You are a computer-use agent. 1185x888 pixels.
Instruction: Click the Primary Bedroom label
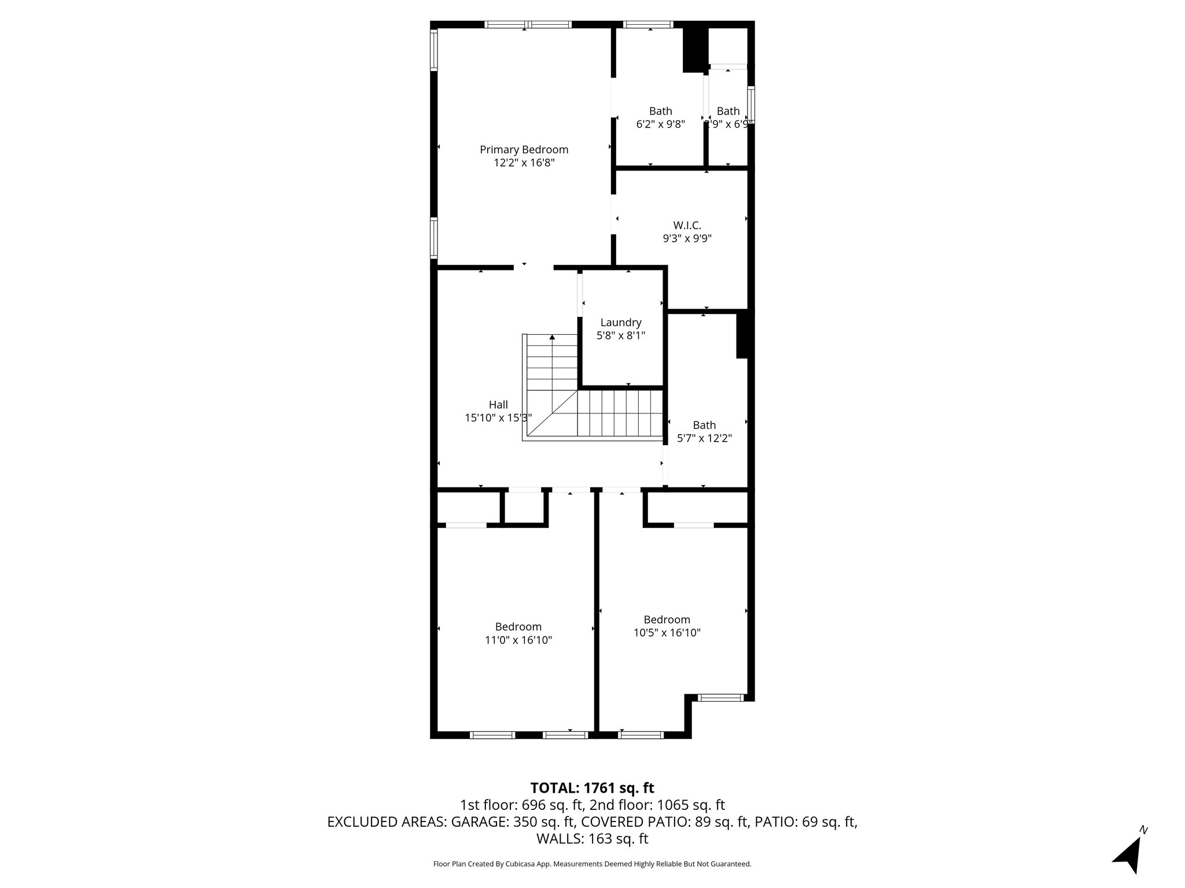524,150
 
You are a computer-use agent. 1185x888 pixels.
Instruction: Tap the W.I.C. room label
687,225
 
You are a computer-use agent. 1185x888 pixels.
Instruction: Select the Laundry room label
620,323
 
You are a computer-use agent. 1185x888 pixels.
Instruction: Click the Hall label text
498,405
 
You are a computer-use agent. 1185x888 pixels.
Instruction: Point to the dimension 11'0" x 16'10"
518,640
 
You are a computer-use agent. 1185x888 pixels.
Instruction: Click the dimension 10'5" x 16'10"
667,632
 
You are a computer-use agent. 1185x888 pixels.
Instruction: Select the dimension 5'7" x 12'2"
704,438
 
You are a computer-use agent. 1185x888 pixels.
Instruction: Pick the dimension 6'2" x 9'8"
660,124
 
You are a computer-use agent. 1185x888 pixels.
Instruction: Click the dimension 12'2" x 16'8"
524,163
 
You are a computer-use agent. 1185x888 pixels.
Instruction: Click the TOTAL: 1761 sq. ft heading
592,787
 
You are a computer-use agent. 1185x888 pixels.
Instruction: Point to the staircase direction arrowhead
552,337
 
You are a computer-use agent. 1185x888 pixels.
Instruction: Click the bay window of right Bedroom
720,698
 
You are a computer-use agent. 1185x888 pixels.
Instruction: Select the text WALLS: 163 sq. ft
592,838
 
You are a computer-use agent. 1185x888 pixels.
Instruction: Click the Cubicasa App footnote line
592,864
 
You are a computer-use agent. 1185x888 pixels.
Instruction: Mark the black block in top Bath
695,50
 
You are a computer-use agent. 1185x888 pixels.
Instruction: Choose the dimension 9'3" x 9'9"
687,238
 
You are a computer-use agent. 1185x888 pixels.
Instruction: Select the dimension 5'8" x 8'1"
620,335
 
